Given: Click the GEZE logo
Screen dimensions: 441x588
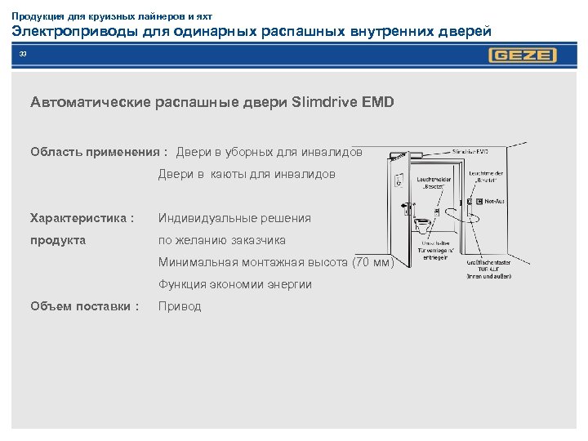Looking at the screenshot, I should pos(523,56).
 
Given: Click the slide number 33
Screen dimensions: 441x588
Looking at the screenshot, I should pos(23,54).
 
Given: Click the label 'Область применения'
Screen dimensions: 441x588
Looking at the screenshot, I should pos(96,151).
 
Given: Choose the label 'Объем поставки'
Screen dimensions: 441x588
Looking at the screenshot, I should pos(81,306).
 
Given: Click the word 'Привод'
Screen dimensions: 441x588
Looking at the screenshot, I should pos(180,306).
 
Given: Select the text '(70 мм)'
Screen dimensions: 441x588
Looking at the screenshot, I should pos(372,262).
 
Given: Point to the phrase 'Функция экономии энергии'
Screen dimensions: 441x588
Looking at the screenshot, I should pos(235,284).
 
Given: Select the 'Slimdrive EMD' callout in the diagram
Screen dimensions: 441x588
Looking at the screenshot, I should pos(471,151).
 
